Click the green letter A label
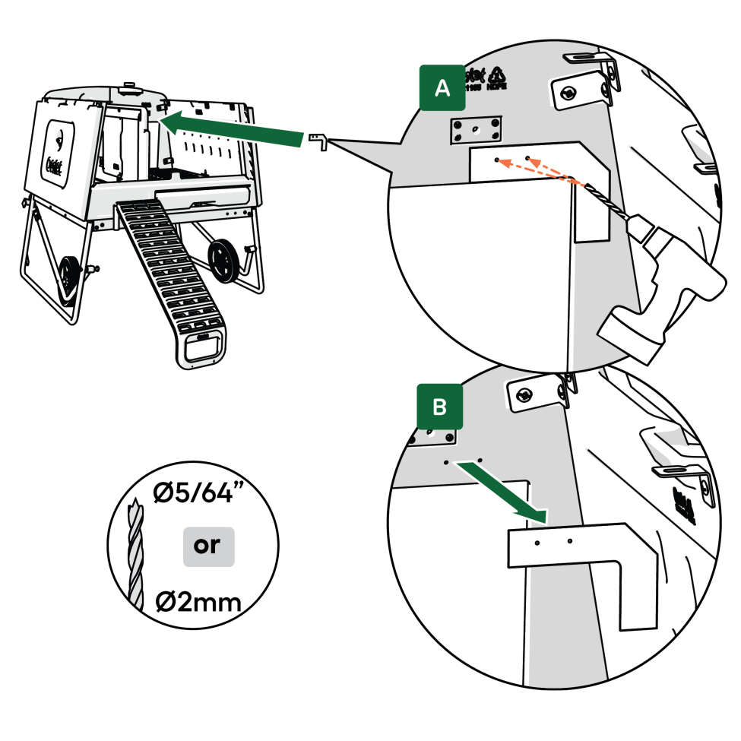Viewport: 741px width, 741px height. [441, 89]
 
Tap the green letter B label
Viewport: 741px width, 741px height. [439, 407]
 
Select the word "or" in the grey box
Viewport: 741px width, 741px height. [207, 546]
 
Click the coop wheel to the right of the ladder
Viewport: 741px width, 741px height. [223, 259]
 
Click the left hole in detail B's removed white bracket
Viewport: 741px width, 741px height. [537, 543]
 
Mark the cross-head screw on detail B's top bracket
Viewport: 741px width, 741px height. [524, 394]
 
